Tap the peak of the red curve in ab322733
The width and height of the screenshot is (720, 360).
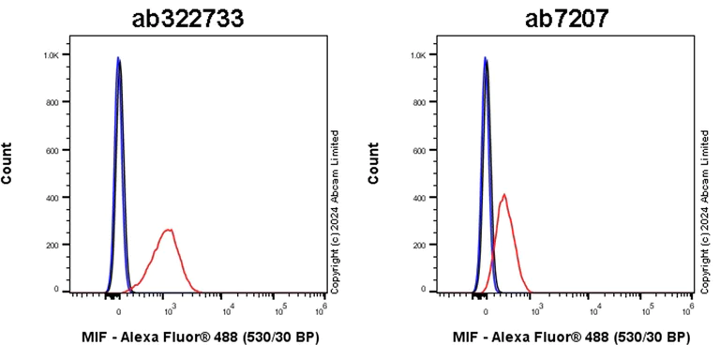tap(169, 229)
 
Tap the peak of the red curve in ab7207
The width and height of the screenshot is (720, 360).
tap(504, 195)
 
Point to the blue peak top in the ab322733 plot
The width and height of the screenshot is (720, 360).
tap(118, 58)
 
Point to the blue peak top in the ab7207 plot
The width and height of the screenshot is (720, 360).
tap(485, 58)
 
